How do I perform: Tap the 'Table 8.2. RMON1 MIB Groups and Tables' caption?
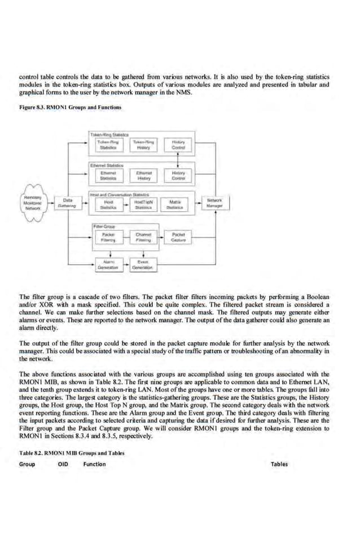tap(71, 453)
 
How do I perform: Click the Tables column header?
tap(279, 465)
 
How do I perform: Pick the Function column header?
tap(94, 465)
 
